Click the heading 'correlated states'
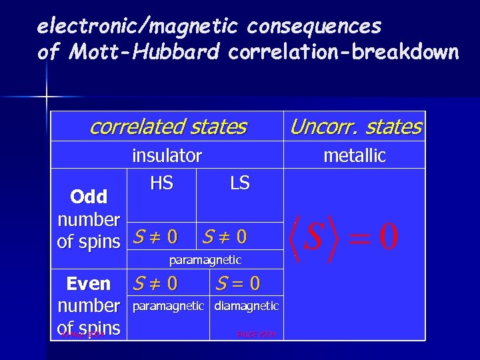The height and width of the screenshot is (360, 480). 168,126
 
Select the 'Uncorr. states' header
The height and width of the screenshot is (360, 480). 355,126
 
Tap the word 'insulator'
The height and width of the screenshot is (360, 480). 167,155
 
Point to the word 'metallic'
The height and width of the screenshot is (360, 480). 355,155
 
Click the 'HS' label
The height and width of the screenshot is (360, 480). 161,183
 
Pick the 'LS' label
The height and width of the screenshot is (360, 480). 239,183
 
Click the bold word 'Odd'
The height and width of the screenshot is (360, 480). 89,197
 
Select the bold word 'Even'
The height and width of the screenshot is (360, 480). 89,284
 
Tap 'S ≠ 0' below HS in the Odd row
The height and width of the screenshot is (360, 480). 155,237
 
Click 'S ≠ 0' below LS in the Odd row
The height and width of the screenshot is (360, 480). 225,237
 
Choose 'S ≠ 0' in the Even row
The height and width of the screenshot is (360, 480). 155,284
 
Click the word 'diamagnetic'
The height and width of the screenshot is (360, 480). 246,306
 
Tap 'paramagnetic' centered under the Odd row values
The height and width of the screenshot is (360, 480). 205,259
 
